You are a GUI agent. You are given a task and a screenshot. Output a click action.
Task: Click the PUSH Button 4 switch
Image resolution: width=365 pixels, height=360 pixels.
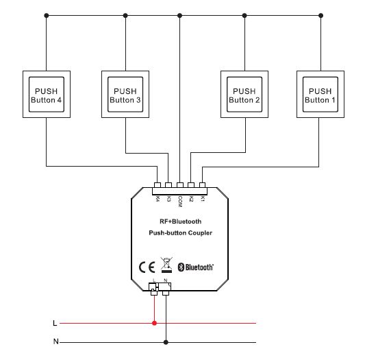(x=46, y=95)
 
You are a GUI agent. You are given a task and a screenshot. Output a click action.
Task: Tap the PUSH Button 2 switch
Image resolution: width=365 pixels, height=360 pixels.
(x=244, y=95)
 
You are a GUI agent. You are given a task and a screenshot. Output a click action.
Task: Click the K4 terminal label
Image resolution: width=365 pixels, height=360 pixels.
(x=158, y=199)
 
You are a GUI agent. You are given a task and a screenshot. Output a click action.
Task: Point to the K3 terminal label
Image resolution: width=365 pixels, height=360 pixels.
(x=168, y=199)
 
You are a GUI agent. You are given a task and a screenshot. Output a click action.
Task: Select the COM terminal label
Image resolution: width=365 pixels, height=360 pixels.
(x=179, y=200)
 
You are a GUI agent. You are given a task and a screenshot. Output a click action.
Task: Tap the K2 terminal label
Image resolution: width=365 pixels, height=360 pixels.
(x=191, y=199)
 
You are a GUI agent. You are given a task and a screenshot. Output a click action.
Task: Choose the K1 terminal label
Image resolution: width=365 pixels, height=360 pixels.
(x=202, y=199)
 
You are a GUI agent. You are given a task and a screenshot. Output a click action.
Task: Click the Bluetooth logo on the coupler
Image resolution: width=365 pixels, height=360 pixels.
(x=196, y=267)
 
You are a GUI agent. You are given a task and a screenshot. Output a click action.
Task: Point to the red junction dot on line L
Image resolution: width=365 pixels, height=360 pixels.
(x=155, y=322)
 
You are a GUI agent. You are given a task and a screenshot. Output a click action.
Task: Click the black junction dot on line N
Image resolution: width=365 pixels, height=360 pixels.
(x=166, y=341)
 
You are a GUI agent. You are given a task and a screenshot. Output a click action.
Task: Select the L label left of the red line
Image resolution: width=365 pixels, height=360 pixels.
(x=55, y=322)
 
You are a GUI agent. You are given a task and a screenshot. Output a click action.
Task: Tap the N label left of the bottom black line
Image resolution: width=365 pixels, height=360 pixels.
(x=55, y=341)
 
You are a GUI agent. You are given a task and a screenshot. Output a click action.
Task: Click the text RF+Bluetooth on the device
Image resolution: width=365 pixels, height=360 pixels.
(x=180, y=221)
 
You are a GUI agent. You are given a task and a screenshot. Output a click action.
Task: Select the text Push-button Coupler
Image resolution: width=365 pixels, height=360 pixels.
(x=180, y=234)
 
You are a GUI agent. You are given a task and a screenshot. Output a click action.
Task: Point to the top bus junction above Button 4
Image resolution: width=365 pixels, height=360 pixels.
(x=46, y=14)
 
